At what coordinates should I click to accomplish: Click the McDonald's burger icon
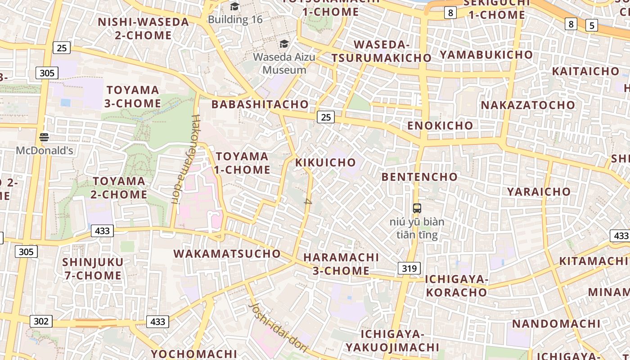(44, 137)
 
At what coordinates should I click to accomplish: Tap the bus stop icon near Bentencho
(417, 208)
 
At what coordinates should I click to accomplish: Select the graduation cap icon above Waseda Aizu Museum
(284, 44)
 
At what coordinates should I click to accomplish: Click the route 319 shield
(409, 269)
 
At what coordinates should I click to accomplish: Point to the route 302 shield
(41, 321)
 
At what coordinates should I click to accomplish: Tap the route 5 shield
(592, 26)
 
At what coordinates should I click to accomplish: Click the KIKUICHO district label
(325, 162)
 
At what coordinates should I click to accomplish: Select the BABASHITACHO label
(260, 104)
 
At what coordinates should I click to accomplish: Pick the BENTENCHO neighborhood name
(419, 177)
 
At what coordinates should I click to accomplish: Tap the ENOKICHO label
(440, 126)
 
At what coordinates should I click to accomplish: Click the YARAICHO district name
(539, 192)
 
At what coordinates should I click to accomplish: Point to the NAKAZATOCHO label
(528, 105)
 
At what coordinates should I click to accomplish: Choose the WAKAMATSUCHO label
(227, 254)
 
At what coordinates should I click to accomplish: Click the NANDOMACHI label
(556, 324)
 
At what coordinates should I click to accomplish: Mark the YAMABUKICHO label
(486, 55)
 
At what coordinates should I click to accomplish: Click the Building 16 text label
(235, 20)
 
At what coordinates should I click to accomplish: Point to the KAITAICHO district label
(585, 72)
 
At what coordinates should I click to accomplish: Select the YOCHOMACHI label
(193, 354)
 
